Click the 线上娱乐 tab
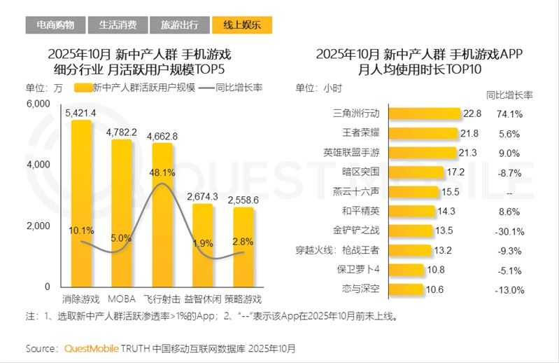point(242,25)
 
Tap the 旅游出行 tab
point(180,25)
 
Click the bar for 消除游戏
point(82,203)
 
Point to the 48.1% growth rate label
point(162,172)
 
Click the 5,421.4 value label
point(80,113)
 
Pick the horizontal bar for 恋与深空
point(406,289)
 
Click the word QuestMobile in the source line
point(91,348)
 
